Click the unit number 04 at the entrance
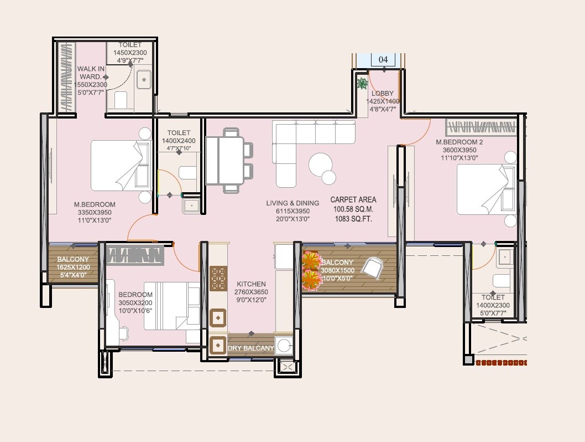383,59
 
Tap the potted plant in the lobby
362,84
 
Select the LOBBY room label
383,94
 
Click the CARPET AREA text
353,199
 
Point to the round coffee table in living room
321,164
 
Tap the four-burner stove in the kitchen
218,279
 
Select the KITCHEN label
250,284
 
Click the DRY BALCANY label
251,348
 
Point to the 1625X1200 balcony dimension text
72,267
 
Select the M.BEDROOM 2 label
459,142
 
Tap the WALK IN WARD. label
91,73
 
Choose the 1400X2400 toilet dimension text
179,141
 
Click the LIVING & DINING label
288,203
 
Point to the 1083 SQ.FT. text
353,219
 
